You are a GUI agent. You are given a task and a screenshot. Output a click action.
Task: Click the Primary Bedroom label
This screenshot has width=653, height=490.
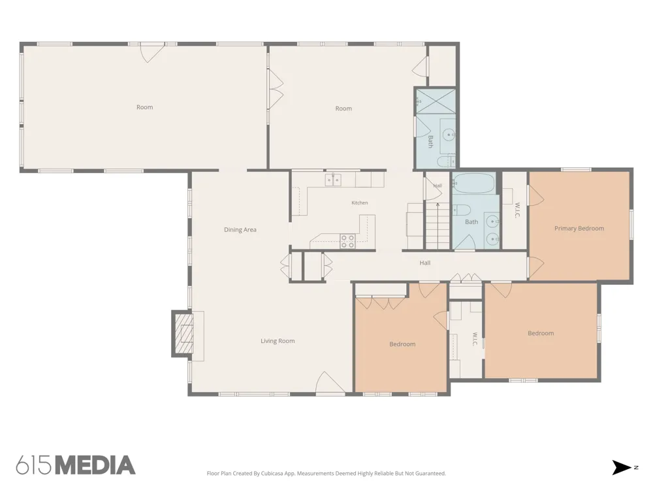point(579,228)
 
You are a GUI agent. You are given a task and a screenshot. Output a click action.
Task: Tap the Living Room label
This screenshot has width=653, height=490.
point(278,341)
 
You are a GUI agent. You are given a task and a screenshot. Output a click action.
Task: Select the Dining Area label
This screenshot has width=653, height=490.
point(240,229)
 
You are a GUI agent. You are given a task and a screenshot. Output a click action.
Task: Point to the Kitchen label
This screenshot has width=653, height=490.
point(359,203)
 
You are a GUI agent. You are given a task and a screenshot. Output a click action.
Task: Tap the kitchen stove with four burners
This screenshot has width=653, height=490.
point(347,241)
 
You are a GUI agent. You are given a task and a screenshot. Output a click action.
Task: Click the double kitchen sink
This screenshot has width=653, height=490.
point(333,180)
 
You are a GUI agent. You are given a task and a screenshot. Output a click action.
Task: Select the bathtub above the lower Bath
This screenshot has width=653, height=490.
point(474,184)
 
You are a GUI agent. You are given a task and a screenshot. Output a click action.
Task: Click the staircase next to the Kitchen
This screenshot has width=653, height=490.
point(437,225)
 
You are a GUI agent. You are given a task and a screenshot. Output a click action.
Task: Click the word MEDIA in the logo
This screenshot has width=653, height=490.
point(95,465)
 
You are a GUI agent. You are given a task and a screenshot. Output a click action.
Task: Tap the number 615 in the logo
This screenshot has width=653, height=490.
point(35,465)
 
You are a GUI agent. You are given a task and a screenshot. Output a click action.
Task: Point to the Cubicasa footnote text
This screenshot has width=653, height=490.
point(326,473)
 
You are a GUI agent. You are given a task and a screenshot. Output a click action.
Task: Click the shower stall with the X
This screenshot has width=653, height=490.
point(436,101)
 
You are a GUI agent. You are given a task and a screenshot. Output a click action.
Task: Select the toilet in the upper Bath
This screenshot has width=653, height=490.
point(444,161)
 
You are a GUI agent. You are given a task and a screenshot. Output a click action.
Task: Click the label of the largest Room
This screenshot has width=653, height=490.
point(144,107)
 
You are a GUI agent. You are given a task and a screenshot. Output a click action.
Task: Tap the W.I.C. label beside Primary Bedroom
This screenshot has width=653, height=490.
point(517,210)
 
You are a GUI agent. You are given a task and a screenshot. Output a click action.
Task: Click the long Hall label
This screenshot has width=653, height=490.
point(425,263)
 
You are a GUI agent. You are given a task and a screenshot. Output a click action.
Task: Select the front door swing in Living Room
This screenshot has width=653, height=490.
point(330,382)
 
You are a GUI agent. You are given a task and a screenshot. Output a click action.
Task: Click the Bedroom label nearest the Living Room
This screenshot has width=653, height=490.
point(402,344)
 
